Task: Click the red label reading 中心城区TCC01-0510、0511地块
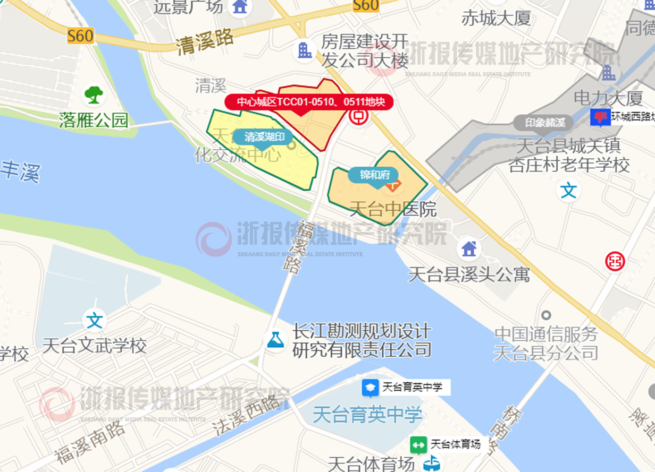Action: tap(308, 101)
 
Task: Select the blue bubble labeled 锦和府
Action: tap(375, 175)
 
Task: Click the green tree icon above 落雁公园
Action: tap(94, 95)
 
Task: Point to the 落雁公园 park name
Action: tap(94, 120)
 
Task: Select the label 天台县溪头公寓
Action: tap(468, 274)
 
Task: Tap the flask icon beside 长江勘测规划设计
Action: tap(275, 340)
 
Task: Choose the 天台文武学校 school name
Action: tap(94, 346)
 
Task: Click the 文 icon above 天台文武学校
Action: tap(95, 321)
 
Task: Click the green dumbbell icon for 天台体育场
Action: tap(418, 444)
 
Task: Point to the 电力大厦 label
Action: tap(608, 98)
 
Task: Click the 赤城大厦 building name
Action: tap(496, 19)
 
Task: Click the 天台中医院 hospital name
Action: tap(393, 209)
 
